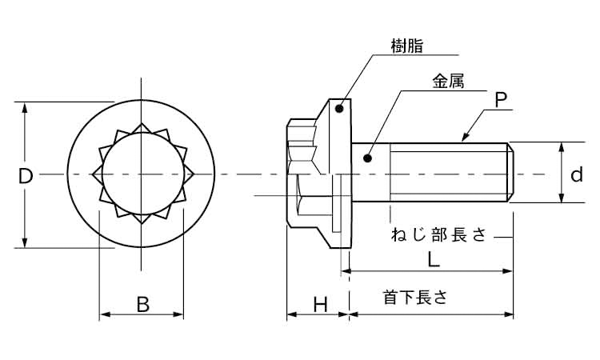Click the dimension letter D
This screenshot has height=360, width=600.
[x=26, y=176]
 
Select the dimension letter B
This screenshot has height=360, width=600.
[x=143, y=305]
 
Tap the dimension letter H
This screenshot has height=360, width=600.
[x=321, y=305]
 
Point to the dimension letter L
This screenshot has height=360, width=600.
[x=433, y=260]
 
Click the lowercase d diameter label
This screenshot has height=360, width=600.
[x=577, y=174]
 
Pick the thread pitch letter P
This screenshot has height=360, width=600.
[x=501, y=99]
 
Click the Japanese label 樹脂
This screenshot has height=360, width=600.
[x=407, y=46]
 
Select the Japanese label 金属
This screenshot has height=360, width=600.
[x=448, y=82]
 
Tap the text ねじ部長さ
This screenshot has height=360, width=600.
[x=438, y=234]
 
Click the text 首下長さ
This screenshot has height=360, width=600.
[x=415, y=297]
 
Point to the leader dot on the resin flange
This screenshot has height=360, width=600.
[x=338, y=109]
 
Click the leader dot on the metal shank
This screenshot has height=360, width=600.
[x=368, y=158]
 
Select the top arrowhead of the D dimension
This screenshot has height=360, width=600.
[x=25, y=107]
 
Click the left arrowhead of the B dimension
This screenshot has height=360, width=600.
[x=105, y=314]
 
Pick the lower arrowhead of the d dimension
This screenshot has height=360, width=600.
[x=562, y=197]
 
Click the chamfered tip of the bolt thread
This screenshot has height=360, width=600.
[x=511, y=172]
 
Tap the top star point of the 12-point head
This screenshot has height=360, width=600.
[x=141, y=125]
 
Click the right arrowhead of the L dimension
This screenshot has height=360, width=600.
[x=507, y=271]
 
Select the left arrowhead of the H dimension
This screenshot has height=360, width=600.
[x=292, y=314]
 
